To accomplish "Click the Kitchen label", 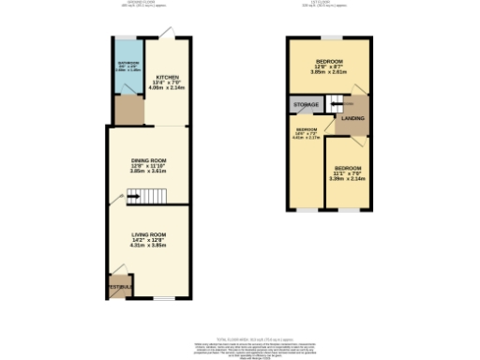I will pyautogui.click(x=168, y=77).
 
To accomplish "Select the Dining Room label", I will pyautogui.click(x=148, y=160).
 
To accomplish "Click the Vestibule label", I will pyautogui.click(x=119, y=285).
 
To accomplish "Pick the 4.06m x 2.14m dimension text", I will pyautogui.click(x=168, y=89).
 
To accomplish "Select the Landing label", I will pyautogui.click(x=352, y=118).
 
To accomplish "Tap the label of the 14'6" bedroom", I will pyautogui.click(x=307, y=130).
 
